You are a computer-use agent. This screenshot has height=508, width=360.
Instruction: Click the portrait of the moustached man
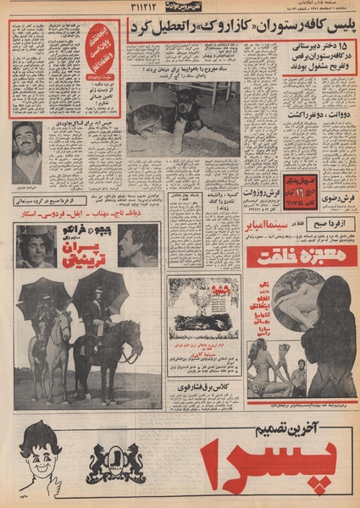(x=27, y=152)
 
